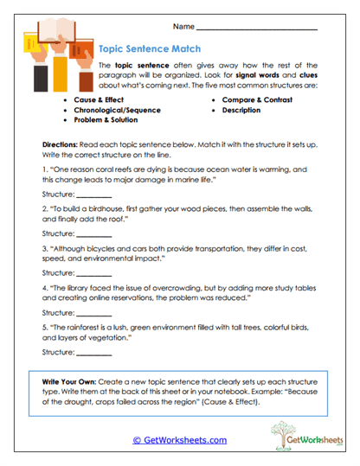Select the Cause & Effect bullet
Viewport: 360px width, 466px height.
(98, 101)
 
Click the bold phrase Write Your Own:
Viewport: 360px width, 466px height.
(77, 382)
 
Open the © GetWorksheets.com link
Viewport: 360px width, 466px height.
(179, 439)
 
